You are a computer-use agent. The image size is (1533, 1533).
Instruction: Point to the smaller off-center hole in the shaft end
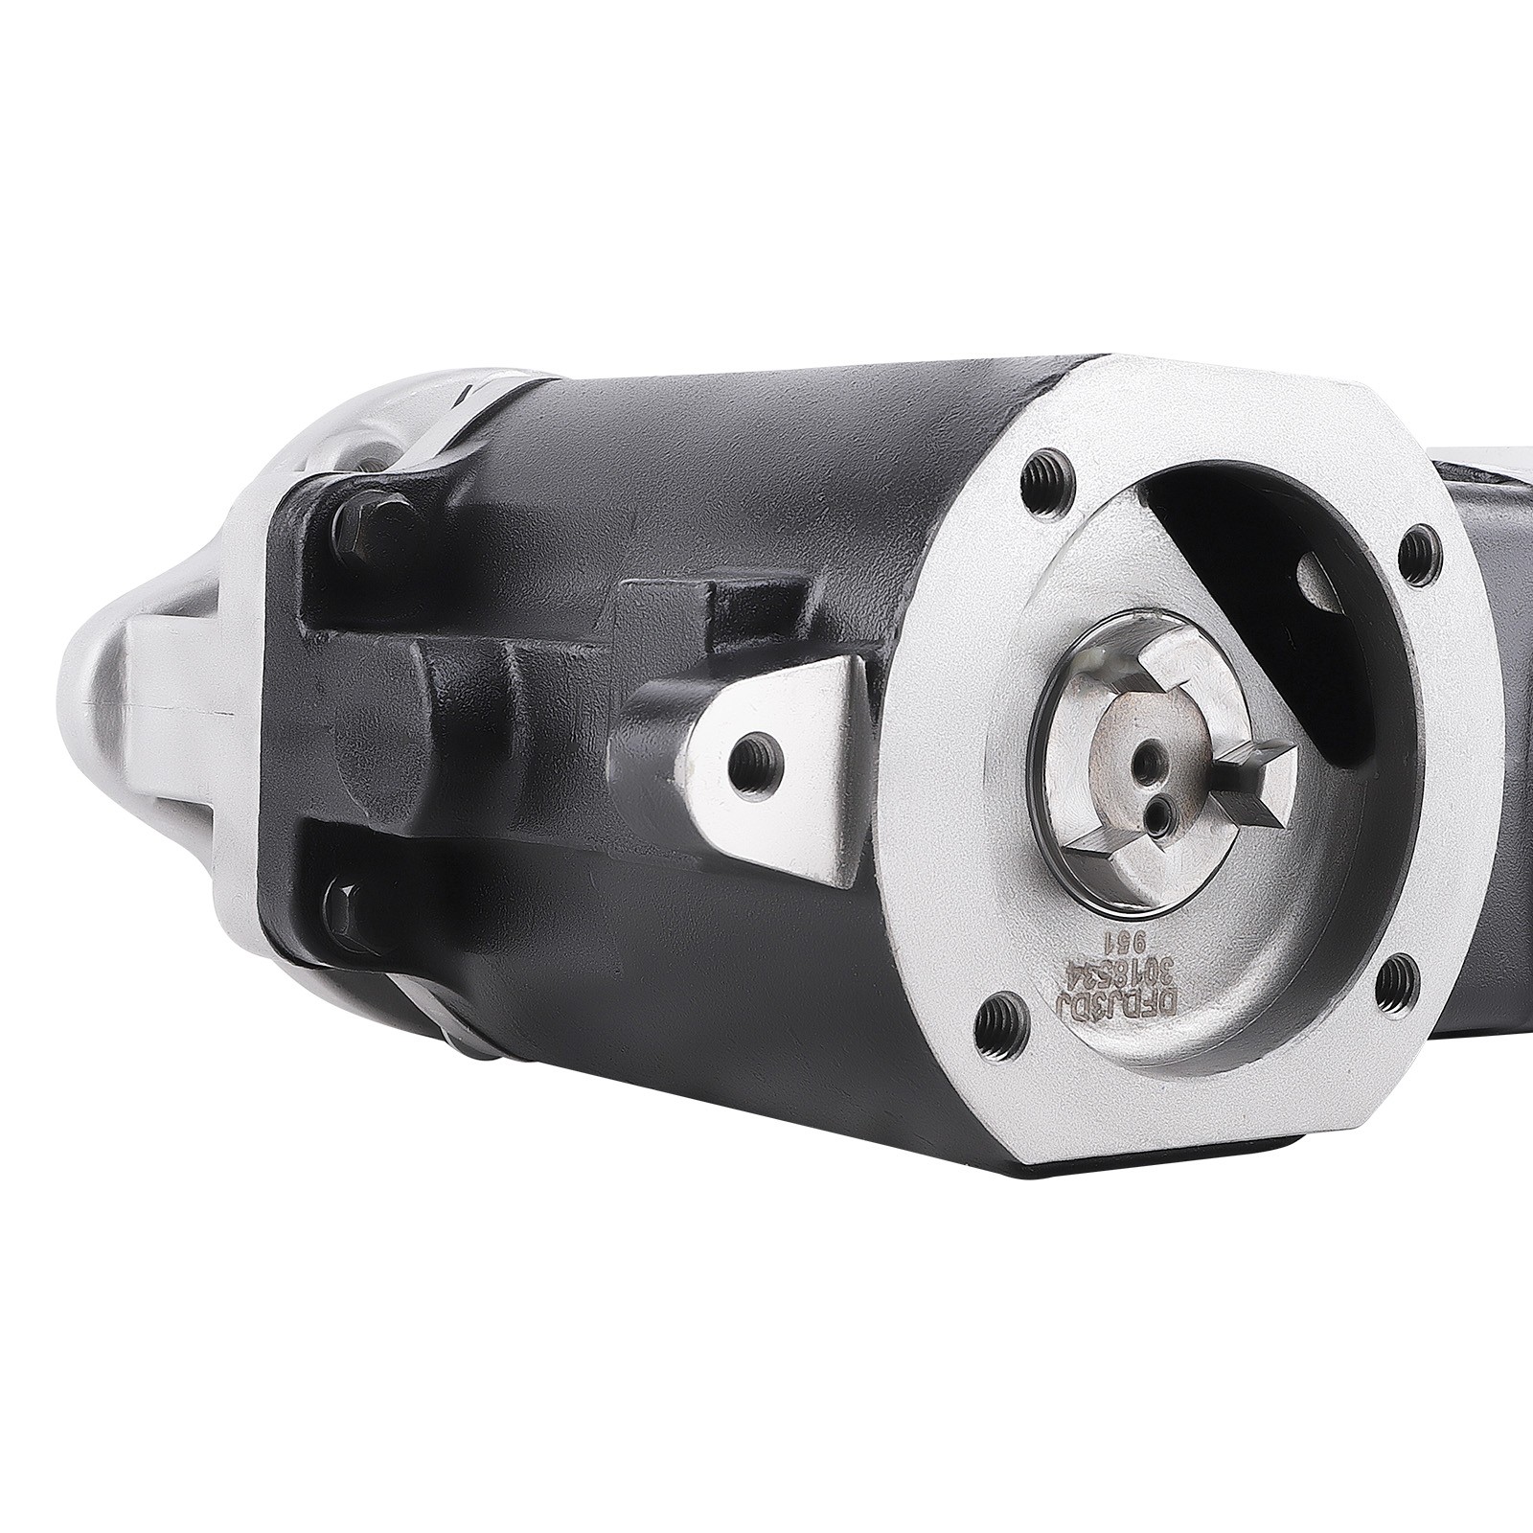[1161, 812]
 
